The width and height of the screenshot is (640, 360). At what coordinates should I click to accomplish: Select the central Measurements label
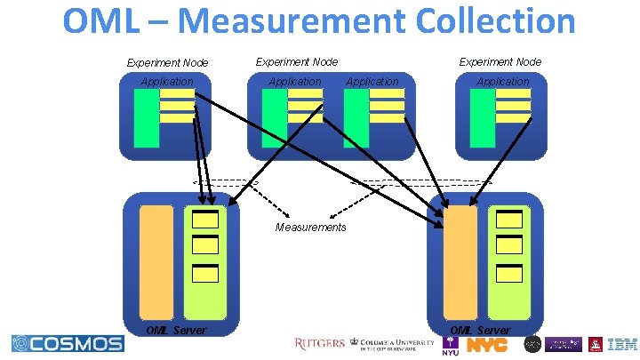pos(311,228)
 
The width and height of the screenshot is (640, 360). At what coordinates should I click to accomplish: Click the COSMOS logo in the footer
pos(68,344)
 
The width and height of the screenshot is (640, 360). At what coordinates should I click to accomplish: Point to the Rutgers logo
pos(319,344)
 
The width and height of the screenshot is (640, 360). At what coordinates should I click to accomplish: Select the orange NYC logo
pos(488,344)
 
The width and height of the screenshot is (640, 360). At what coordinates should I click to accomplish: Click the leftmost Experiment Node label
pos(167,63)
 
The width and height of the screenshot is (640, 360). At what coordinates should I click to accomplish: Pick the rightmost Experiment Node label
pos(500,62)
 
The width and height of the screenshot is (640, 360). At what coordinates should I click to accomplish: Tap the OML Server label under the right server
pos(480,331)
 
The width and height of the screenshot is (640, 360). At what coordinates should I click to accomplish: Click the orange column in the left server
pos(156,262)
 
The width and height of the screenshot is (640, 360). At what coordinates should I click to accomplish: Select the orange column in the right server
pos(460,262)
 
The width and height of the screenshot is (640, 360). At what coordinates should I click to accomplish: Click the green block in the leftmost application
pos(146,117)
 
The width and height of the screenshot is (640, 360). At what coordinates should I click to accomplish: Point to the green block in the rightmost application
pos(483,117)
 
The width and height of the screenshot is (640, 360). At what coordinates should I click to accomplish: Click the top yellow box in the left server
pos(205,220)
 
